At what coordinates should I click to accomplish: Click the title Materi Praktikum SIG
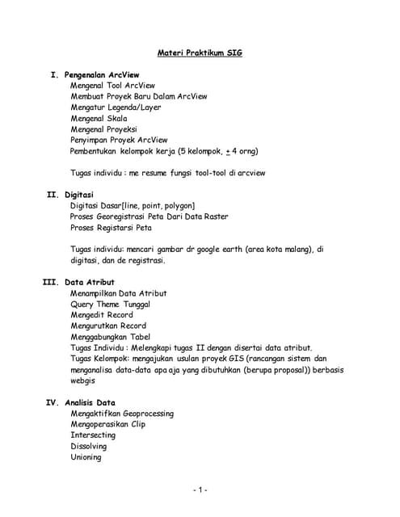200,53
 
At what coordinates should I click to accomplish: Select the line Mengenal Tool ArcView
112,85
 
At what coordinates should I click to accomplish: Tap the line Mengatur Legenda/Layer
116,107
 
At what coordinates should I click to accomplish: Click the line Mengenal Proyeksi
103,128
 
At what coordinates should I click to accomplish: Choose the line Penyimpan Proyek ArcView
119,140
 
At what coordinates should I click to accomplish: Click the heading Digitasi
79,195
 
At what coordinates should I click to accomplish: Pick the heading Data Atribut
90,282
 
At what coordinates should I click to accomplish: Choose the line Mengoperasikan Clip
107,424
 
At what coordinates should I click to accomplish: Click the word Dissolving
88,446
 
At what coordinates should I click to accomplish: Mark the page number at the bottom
200,490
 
